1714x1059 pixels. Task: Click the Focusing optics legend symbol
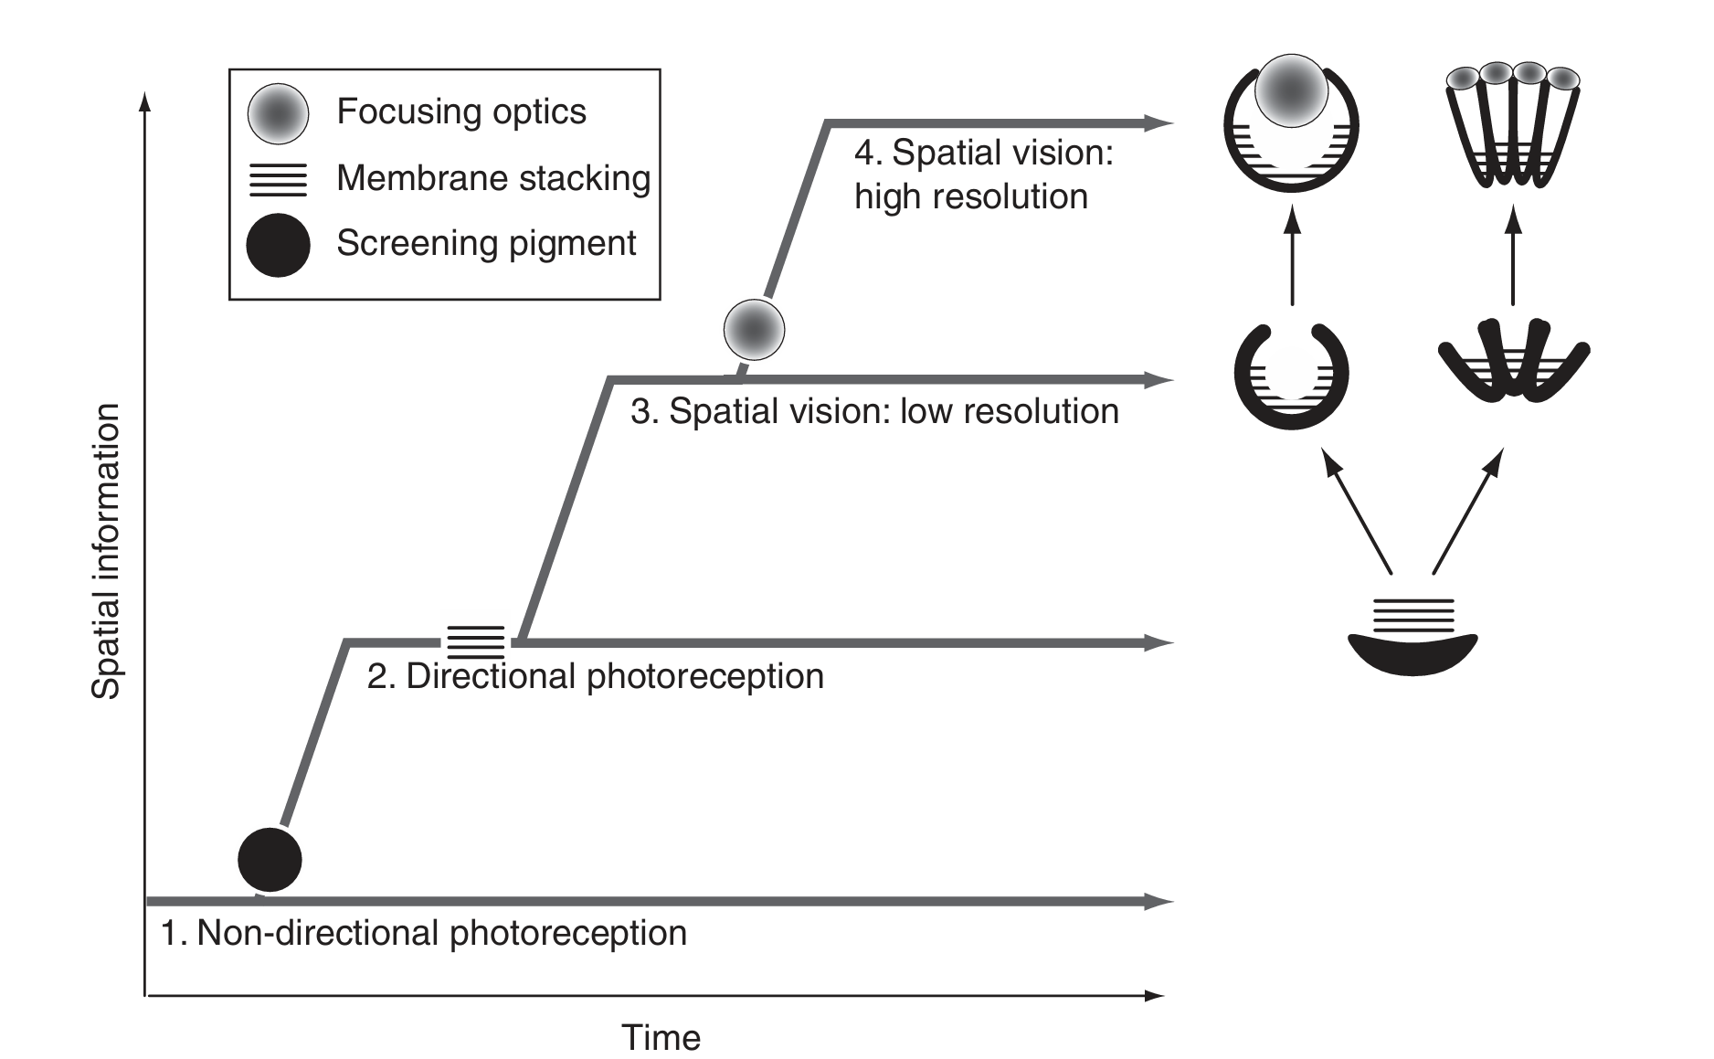tap(278, 113)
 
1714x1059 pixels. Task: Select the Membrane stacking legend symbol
tap(278, 179)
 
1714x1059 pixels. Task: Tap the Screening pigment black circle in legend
tap(278, 245)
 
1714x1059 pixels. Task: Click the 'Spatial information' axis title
tap(107, 551)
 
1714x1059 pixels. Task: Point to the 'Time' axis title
tap(661, 1037)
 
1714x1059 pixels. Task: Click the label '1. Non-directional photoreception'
tap(424, 933)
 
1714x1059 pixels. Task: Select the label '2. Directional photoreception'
tap(596, 676)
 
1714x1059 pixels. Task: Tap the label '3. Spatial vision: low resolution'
tap(874, 411)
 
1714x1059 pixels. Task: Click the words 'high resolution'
tap(971, 196)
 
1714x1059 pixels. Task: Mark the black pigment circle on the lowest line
tap(270, 859)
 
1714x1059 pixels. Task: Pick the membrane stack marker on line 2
tap(476, 641)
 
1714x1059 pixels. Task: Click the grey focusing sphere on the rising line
tap(754, 329)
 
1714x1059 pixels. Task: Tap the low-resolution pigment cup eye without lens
tap(1291, 376)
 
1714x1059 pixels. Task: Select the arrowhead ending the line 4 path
tap(1159, 122)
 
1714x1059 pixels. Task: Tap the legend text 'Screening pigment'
tap(486, 243)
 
